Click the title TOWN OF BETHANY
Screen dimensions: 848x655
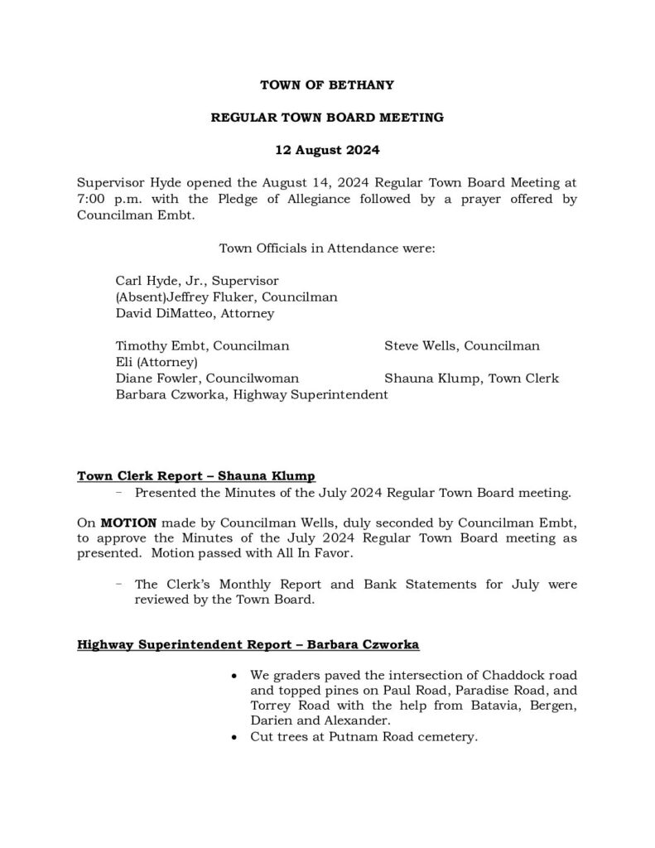(327, 84)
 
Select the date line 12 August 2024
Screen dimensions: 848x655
(327, 151)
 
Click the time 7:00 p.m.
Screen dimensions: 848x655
(102, 200)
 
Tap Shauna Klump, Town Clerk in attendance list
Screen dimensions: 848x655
(471, 378)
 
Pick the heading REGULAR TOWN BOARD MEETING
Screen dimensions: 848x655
(327, 118)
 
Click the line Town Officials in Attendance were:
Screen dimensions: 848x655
(326, 248)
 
